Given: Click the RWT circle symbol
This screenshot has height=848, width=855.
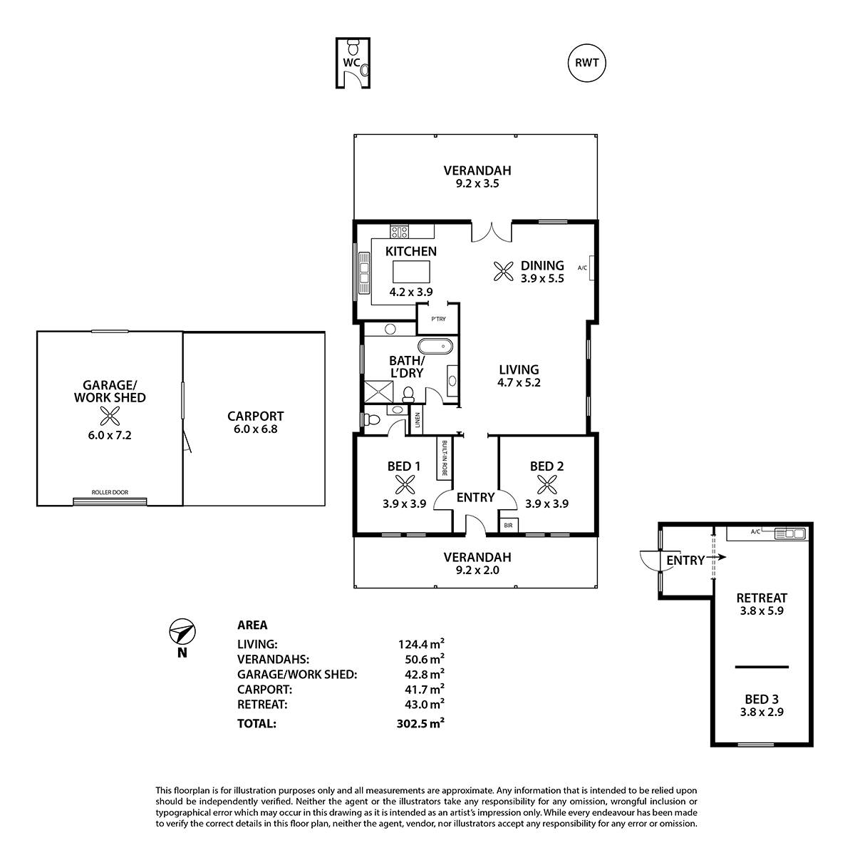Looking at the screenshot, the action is tap(586, 63).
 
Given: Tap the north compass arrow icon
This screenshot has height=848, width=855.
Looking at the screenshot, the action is tap(182, 630).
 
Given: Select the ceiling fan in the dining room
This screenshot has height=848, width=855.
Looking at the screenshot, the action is tap(503, 271).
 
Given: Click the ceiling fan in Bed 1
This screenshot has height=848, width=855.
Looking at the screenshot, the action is tap(405, 485).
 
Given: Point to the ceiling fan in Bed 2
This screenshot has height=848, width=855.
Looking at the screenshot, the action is tap(546, 485).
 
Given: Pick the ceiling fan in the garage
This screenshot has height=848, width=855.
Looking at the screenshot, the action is tap(110, 417).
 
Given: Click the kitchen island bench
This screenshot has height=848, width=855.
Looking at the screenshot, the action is tap(411, 272).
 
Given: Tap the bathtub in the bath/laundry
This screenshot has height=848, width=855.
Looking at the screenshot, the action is tap(436, 346).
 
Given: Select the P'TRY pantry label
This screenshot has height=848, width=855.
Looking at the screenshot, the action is tap(438, 319).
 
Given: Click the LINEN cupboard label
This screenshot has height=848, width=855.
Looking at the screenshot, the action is tap(417, 420).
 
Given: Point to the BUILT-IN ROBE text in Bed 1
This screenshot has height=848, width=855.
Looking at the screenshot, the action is tap(444, 458).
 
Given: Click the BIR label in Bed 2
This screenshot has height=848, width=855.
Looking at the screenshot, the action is tap(509, 526).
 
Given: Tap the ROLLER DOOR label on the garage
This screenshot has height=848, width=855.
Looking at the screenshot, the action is tap(110, 492).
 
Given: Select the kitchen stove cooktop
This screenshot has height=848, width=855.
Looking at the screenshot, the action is tap(399, 231).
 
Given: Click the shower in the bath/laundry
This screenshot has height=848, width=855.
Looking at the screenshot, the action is tap(378, 392).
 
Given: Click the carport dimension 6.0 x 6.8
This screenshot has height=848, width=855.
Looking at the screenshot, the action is tap(256, 429).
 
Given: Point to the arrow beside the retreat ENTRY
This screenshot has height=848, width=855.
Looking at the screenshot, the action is tap(720, 557).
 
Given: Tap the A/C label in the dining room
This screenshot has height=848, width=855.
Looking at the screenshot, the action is tap(582, 268).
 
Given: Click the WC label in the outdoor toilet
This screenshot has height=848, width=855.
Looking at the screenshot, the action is tap(351, 63).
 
